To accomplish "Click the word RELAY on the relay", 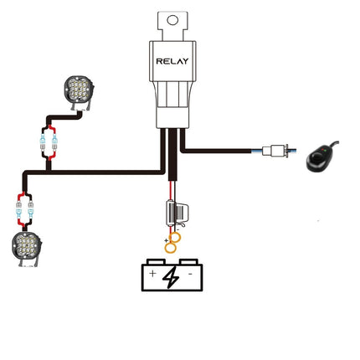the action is [172, 61].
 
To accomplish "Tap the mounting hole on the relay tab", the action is [172, 20].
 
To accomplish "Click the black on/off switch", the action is [320, 160].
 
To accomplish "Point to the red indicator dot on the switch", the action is [322, 150].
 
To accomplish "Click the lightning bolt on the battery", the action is [171, 277].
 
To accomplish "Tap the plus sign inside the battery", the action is [152, 273].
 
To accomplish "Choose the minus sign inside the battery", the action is [190, 274].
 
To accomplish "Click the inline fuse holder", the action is [177, 213].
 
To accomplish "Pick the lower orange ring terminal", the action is [170, 248].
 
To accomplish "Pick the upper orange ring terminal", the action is [176, 238].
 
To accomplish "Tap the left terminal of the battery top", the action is [156, 262].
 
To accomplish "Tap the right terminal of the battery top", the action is [188, 262].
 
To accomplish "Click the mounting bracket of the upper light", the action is [80, 105].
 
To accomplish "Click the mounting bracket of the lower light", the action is [28, 262].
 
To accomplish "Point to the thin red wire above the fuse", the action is [170, 191].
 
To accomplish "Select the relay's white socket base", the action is [172, 105].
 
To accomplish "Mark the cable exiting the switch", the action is [334, 143].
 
